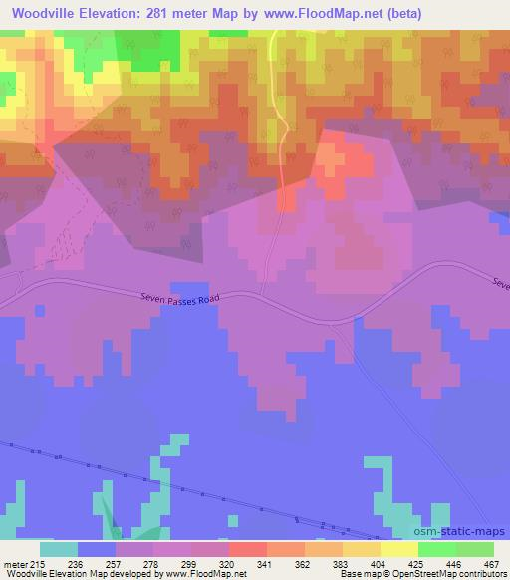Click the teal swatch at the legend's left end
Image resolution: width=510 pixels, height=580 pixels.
click(59, 549)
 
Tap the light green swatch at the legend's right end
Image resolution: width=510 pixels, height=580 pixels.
click(475, 549)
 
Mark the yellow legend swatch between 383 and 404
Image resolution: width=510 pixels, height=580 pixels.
click(362, 549)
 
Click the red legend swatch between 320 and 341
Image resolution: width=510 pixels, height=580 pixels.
click(248, 549)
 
